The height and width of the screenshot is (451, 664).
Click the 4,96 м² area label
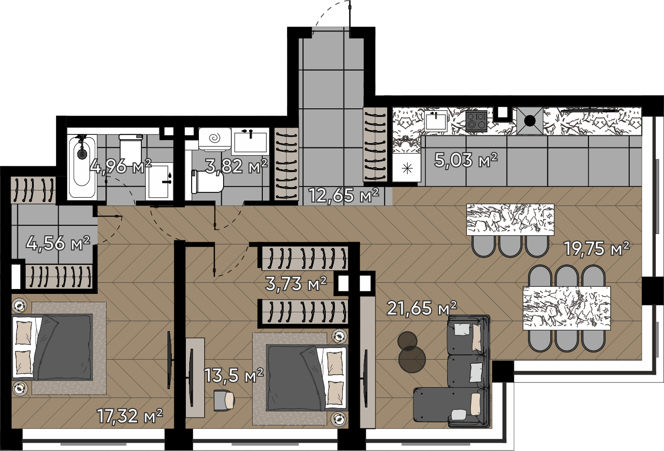coord(121,166)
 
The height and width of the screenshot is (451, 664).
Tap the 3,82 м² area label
coord(236,166)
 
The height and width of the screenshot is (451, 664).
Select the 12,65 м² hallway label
coord(344,195)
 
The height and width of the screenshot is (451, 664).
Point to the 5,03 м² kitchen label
coord(466,160)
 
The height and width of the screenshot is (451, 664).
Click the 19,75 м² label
coord(596,248)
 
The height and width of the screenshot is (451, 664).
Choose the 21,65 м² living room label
coord(422,308)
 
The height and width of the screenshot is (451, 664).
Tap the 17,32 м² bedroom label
coord(130,416)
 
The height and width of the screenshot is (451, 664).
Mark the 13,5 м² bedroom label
coord(234,376)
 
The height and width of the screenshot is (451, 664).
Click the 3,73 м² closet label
coord(296,284)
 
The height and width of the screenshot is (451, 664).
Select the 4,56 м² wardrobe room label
coord(58,243)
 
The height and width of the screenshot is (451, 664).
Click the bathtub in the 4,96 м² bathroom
coord(82,167)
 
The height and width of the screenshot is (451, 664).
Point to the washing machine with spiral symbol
coord(215,139)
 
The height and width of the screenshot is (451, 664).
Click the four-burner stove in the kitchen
coord(476,121)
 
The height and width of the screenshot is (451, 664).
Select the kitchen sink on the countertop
coord(436,120)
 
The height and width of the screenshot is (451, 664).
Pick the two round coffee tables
coord(411,352)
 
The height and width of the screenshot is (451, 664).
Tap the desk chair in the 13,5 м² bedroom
coord(224,401)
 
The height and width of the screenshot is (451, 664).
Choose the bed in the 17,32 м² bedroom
coord(53,348)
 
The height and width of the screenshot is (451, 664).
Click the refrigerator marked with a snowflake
coord(407,168)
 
